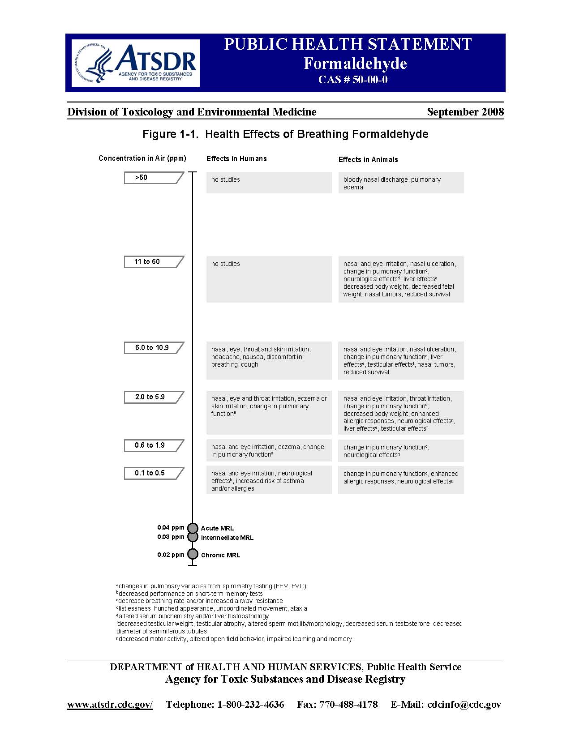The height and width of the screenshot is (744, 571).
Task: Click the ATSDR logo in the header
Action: pos(135,63)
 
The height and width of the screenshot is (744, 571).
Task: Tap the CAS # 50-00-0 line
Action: pos(353,80)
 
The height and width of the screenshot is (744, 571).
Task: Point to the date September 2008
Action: pos(465,112)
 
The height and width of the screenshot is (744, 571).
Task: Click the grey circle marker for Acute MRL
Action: pos(193,528)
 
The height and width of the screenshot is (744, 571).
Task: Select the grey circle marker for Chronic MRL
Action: pos(193,554)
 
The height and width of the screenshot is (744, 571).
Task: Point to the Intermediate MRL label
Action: pos(227,538)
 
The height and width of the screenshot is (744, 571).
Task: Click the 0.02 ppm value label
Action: pos(171,555)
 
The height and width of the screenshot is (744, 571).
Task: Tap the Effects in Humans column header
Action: pos(236,159)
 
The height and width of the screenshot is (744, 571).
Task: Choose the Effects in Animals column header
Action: pos(368,160)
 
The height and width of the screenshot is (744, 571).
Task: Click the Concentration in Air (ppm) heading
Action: pos(142,158)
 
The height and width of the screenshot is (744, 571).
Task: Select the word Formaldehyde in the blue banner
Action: pos(355,64)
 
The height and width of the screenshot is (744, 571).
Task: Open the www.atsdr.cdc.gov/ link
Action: pos(110,705)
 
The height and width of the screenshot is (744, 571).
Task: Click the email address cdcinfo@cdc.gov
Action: pos(464,705)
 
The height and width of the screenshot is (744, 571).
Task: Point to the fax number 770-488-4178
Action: pos(348,705)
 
